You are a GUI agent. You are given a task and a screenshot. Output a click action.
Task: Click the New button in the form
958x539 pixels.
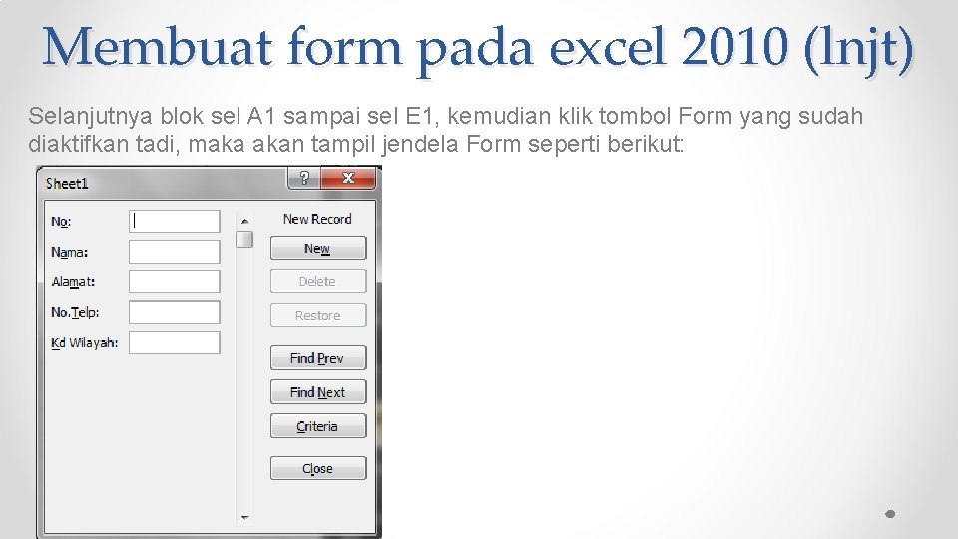317,248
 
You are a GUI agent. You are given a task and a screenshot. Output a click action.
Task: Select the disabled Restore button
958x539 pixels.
317,315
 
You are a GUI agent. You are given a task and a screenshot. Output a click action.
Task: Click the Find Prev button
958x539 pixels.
317,358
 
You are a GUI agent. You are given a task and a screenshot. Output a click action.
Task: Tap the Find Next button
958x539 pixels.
317,392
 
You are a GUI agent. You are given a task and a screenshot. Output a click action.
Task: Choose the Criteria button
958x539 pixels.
317,426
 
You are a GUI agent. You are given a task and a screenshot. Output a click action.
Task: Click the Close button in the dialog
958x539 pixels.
317,468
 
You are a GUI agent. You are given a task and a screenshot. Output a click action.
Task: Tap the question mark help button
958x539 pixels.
304,178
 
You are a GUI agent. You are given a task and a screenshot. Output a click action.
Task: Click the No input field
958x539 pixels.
175,221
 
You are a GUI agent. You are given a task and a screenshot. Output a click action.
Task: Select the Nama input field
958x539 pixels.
175,252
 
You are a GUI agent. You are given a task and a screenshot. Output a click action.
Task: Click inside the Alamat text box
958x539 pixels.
175,281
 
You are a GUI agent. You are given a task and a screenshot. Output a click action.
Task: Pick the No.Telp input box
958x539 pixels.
175,312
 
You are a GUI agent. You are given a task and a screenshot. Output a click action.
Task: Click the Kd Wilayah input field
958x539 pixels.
175,342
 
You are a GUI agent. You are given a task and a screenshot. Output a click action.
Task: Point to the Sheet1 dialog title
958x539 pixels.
68,183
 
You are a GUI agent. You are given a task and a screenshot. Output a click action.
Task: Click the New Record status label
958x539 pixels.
317,219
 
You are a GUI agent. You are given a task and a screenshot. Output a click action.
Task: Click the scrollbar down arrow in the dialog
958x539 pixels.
244,517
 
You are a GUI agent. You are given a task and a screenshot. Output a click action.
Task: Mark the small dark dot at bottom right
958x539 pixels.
891,514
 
